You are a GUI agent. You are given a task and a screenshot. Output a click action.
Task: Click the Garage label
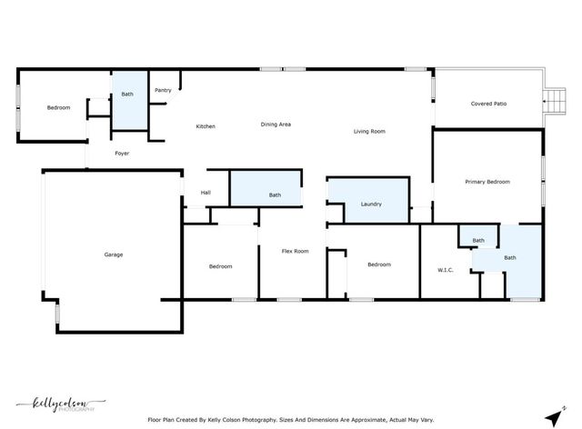point(113,254)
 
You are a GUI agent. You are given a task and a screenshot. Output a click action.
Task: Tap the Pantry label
point(163,90)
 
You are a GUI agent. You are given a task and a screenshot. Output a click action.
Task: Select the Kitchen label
point(206,126)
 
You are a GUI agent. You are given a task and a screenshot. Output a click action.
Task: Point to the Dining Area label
point(276,125)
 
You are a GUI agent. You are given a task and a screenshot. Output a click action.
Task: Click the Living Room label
point(370,132)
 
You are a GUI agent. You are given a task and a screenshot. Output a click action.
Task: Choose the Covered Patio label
point(488,104)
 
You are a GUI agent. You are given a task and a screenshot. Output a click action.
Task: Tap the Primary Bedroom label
point(487,182)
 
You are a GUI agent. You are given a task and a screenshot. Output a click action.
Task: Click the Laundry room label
point(371,204)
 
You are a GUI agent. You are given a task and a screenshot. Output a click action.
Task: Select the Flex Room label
point(295,251)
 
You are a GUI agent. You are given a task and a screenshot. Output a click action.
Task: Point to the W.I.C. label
point(446,269)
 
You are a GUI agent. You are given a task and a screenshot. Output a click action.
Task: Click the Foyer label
point(122,154)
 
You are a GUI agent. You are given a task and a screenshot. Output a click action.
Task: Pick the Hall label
point(206,193)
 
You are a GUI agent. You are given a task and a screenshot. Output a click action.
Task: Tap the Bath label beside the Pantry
point(126,94)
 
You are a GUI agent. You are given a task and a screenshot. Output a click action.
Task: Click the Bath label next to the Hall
point(275,195)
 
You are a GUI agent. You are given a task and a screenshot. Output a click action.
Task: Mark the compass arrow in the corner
point(552,415)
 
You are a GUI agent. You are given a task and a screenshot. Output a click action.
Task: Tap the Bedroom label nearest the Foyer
point(58,108)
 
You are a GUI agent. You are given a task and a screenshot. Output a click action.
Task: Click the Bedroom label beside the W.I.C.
point(379,264)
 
